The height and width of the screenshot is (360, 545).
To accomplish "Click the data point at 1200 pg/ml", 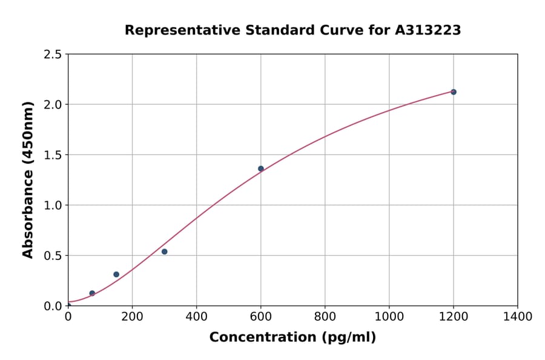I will coord(454,92).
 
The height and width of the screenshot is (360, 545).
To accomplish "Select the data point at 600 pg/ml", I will coord(261,168).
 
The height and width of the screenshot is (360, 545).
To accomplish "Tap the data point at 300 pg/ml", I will coord(164,252).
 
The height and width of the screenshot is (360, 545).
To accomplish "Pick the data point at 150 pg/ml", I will coord(116,275).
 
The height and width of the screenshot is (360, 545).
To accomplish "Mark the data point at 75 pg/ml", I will coord(92,293).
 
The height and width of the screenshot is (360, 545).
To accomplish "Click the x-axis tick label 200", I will coord(132,317).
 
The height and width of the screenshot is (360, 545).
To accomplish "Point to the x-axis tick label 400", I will coord(196,317).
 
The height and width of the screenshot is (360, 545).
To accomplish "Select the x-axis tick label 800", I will coord(325,317).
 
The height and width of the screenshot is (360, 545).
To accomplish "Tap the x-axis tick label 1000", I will coord(389,317).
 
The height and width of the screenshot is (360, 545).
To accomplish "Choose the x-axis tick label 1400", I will coord(517,317).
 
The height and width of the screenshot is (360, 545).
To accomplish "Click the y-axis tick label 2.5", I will coord(53,55).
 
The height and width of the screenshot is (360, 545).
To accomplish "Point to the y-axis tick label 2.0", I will coord(53,105).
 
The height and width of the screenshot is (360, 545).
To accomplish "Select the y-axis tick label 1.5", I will coord(53,155).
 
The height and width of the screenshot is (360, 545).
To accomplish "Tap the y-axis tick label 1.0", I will coord(53,205).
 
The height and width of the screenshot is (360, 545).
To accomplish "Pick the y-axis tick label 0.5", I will coord(53,256).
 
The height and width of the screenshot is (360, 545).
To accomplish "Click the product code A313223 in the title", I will coord(428,30).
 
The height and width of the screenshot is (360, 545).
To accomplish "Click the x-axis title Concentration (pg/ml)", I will coord(292,338).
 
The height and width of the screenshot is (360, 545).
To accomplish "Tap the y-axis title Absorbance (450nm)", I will coord(28,179).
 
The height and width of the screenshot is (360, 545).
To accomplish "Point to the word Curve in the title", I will coord(342,30).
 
